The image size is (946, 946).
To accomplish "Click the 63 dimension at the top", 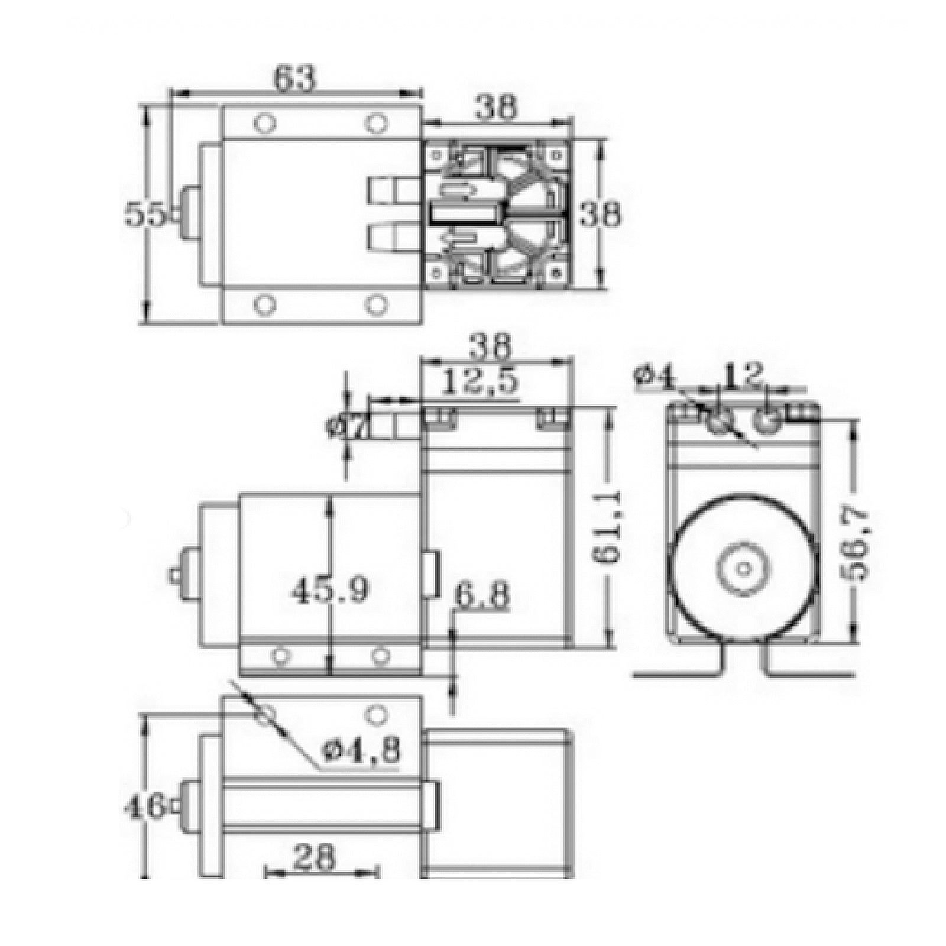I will click(295, 79).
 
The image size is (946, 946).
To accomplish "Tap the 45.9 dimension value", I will click(329, 588).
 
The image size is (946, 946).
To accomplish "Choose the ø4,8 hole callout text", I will click(362, 750).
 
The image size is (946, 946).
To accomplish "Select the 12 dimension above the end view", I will click(743, 375).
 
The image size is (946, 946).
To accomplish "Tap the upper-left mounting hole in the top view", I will click(264, 124).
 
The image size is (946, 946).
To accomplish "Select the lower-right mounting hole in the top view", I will click(374, 305).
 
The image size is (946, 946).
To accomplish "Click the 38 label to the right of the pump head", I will click(600, 215).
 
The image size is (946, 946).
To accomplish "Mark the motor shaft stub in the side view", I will click(175, 575).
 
